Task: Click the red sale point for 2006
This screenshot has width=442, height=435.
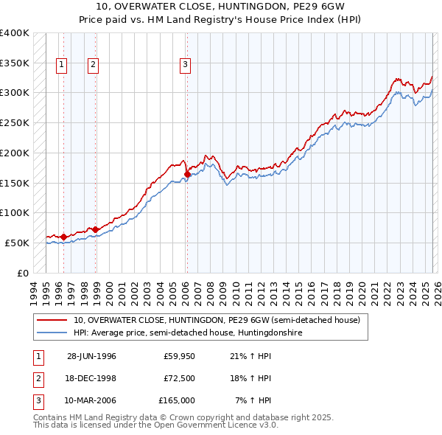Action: (187, 174)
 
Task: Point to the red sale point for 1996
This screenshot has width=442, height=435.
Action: (63, 237)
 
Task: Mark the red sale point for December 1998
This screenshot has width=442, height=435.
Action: (95, 229)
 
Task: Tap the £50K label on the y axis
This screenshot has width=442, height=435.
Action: (17, 243)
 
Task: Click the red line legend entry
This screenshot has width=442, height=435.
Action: (216, 321)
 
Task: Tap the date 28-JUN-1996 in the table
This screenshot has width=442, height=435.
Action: (91, 356)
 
